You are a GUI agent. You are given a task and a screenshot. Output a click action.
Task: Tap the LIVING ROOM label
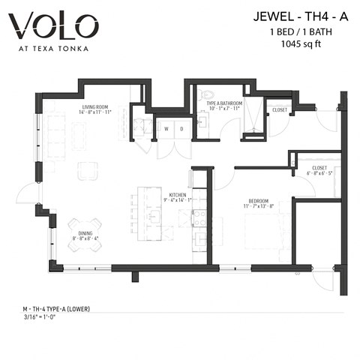pyautogui.click(x=96, y=107)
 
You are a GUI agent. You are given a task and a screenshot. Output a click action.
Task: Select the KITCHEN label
pyautogui.click(x=178, y=194)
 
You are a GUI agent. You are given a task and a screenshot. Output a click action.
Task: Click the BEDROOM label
pyautogui.click(x=260, y=200)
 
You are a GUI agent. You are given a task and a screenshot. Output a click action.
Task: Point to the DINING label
pyautogui.click(x=84, y=233)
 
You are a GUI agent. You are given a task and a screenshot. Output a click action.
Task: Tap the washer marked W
pyautogui.click(x=166, y=129)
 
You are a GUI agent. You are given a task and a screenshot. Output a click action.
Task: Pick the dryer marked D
pyautogui.click(x=180, y=129)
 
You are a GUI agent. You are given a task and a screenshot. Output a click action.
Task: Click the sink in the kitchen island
pyautogui.click(x=157, y=217)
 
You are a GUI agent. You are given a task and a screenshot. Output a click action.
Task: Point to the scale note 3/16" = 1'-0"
pyautogui.click(x=44, y=317)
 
